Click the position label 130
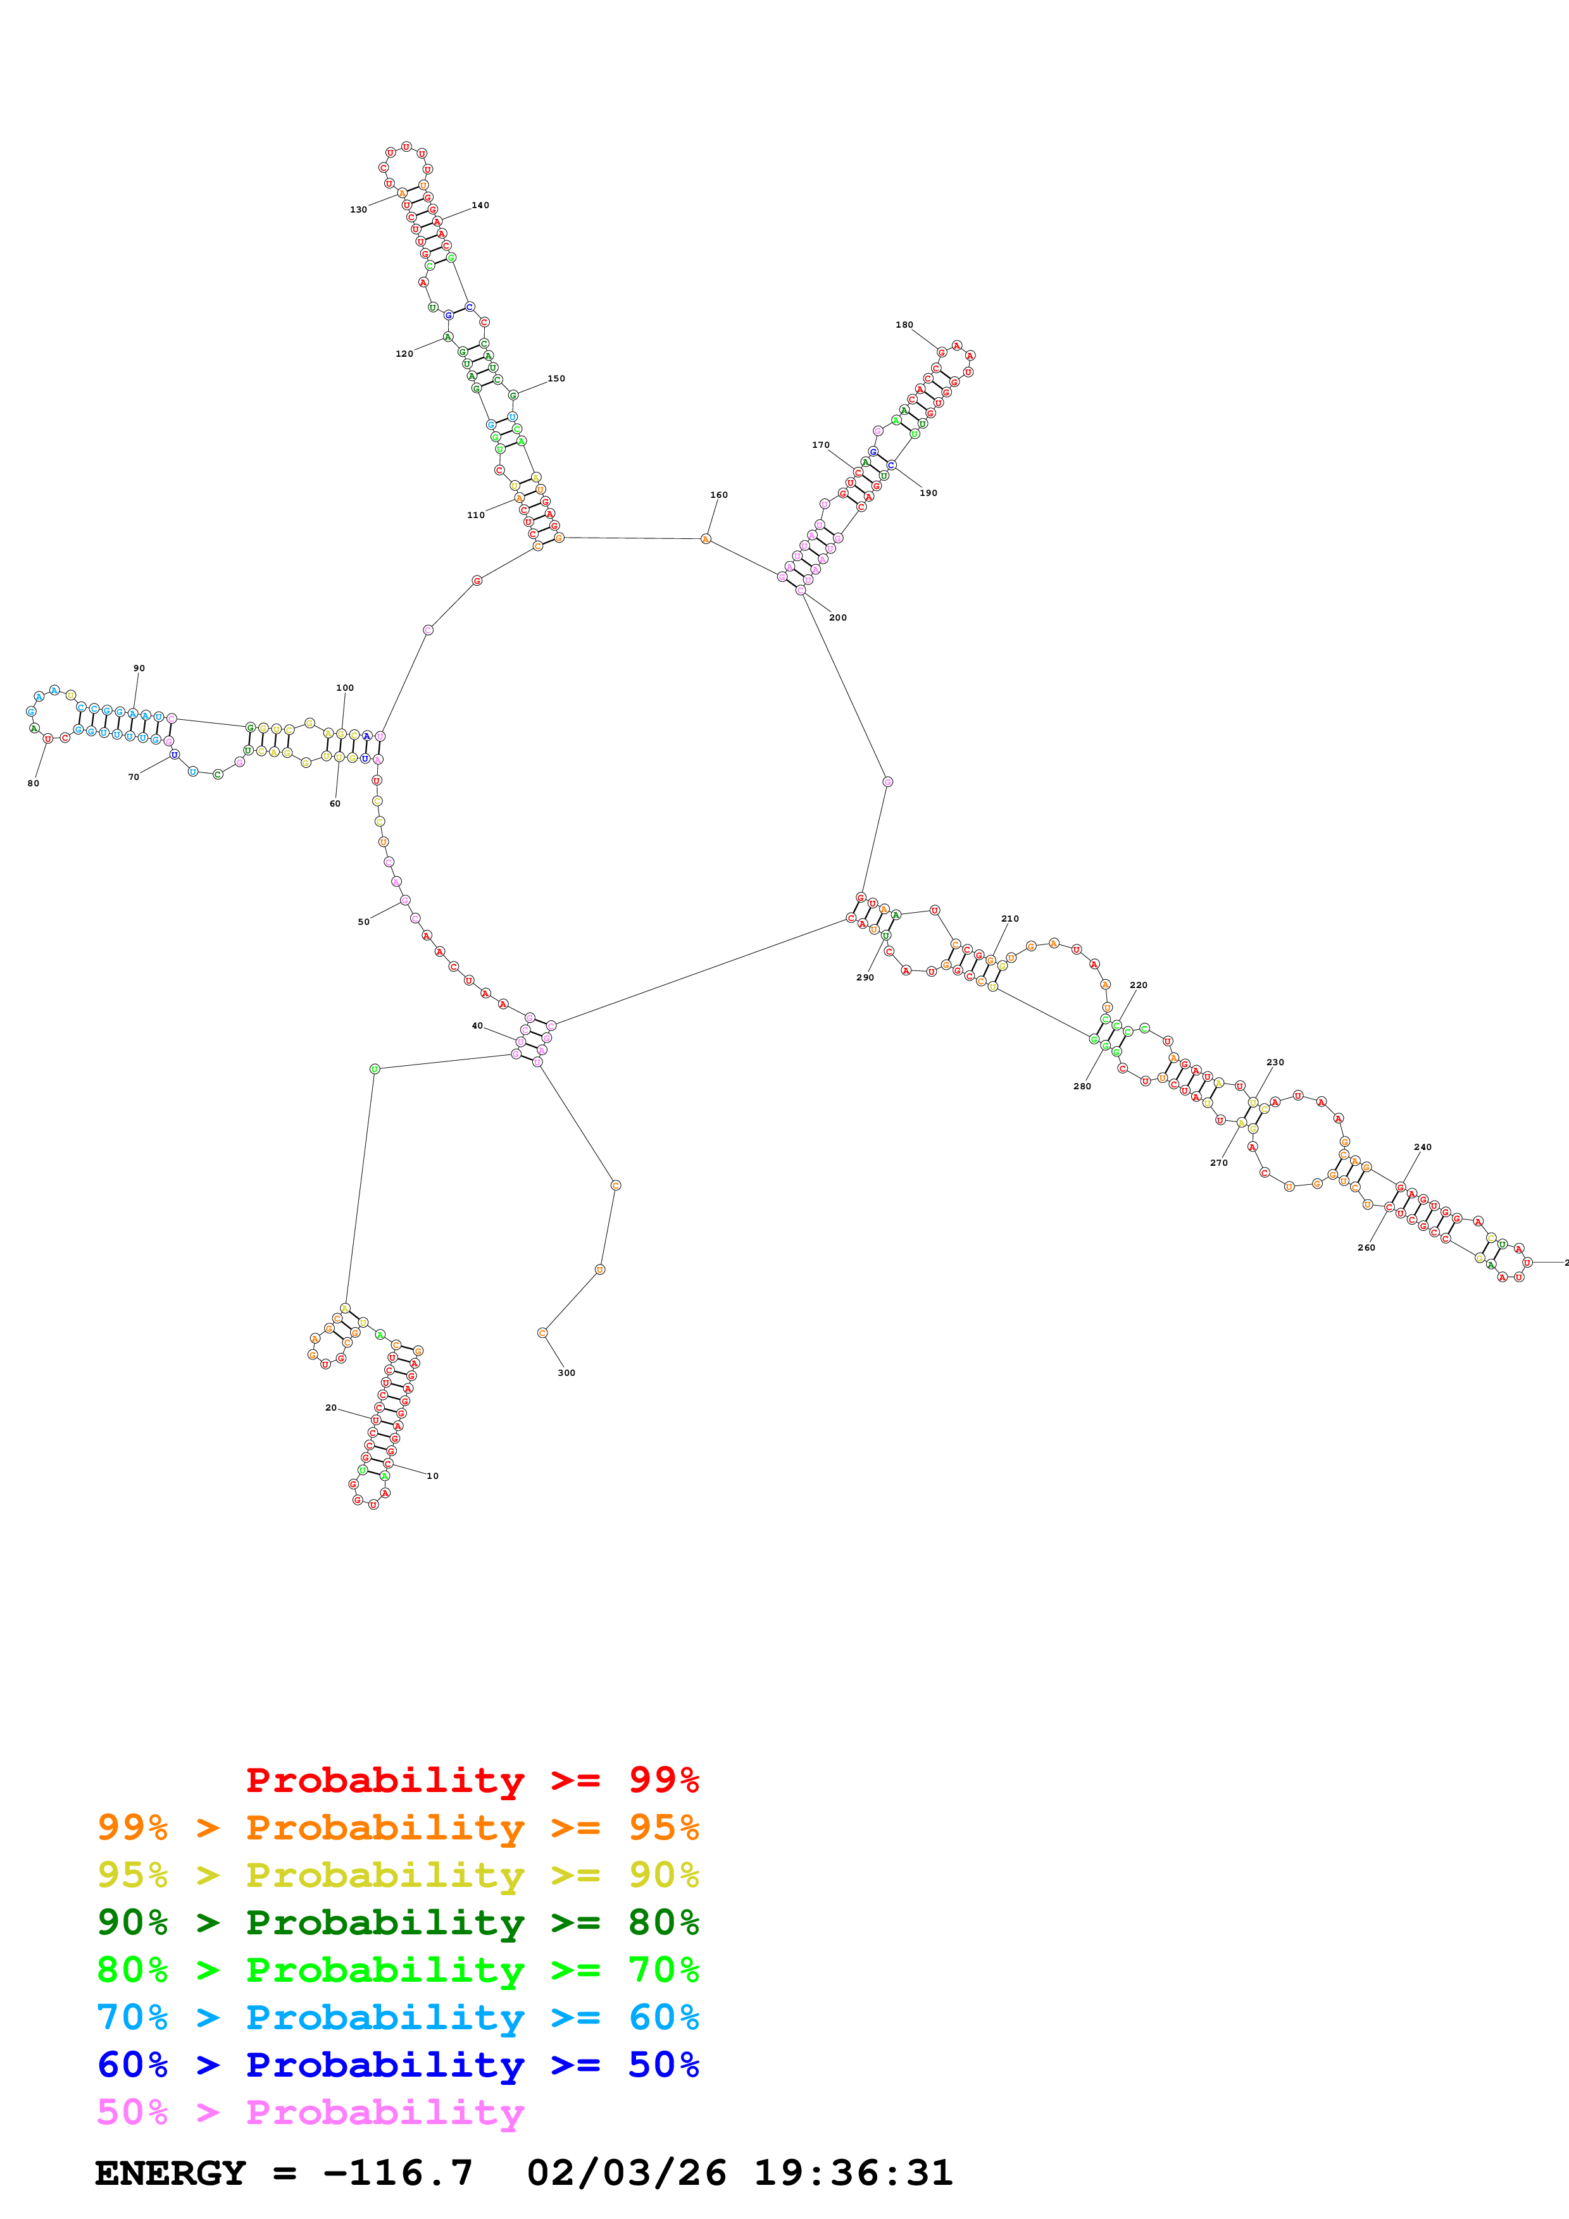coord(358,210)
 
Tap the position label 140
coord(480,206)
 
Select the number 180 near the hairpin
coord(904,325)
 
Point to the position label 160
coord(718,495)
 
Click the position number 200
coord(837,617)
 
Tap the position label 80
coord(33,783)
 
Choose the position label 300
coord(566,1373)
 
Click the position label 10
coord(432,1476)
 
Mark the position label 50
coord(363,922)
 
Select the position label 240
coord(1422,1147)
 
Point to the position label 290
coord(865,977)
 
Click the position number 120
coord(404,354)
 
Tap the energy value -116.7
coord(398,2173)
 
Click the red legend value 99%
coord(663,1779)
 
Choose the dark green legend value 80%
coord(663,1922)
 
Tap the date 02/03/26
coord(627,2173)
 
